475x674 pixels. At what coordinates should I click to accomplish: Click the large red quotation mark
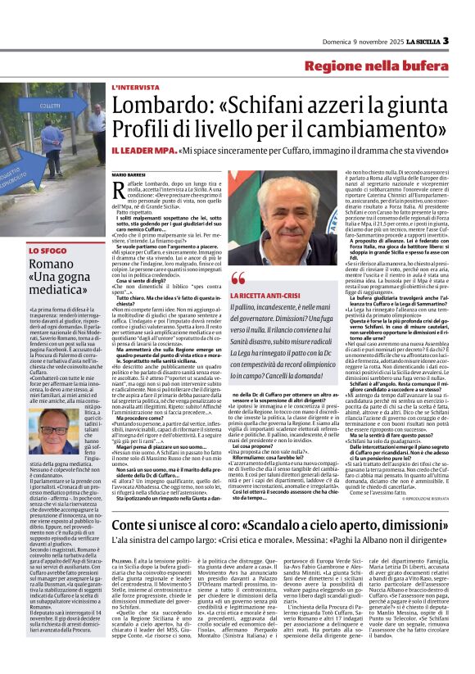click(x=238, y=278)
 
